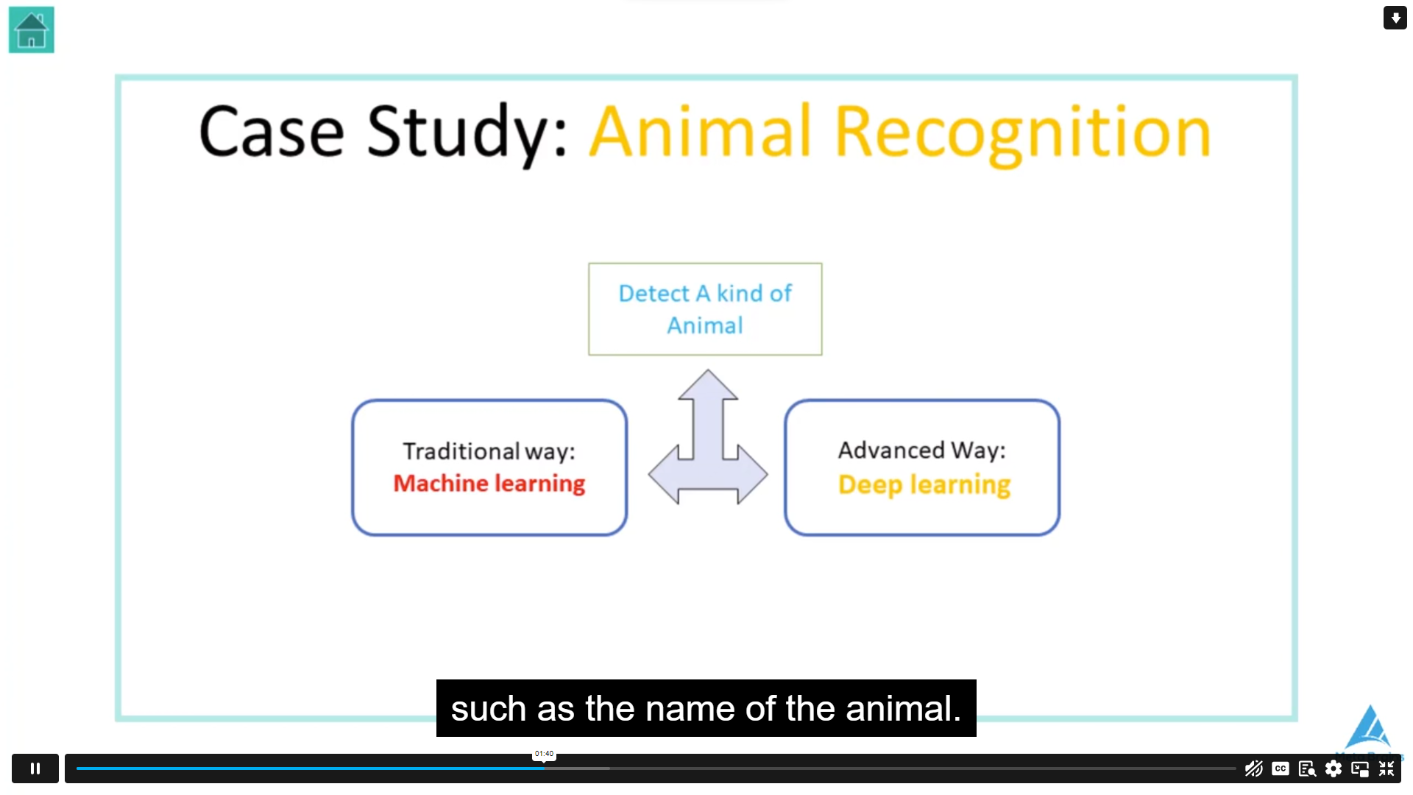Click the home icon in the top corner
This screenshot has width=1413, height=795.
[x=31, y=29]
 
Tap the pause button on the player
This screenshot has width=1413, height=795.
[x=35, y=768]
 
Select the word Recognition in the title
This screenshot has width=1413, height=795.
[x=1023, y=132]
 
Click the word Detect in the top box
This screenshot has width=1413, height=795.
[x=654, y=293]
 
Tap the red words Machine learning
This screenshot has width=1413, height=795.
[x=489, y=484]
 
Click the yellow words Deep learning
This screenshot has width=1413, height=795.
[x=924, y=485]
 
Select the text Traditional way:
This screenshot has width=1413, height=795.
[x=489, y=451]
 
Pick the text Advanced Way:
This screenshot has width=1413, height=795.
[x=921, y=450]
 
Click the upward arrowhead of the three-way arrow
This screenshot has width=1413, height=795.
[x=708, y=384]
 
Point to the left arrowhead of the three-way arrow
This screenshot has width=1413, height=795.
[x=663, y=475]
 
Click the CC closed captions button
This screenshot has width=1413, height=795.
[x=1281, y=768]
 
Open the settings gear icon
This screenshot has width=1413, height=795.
[x=1334, y=768]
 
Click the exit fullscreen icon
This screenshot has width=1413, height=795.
[x=1387, y=768]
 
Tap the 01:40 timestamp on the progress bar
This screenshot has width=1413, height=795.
[x=544, y=754]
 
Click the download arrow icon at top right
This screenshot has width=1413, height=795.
[x=1395, y=18]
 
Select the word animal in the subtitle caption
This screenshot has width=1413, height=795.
[x=903, y=709]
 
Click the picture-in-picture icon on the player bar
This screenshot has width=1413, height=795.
[x=1360, y=769]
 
